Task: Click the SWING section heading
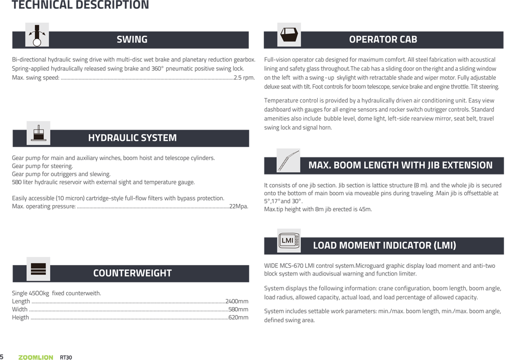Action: click(x=132, y=39)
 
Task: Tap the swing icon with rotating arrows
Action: click(x=37, y=35)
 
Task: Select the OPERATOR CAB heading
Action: click(x=383, y=39)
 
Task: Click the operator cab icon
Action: click(x=289, y=35)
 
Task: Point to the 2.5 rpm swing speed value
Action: click(x=244, y=78)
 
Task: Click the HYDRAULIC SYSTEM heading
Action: click(x=132, y=138)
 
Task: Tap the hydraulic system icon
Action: click(x=38, y=133)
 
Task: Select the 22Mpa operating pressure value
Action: click(x=239, y=206)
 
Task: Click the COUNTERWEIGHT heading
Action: click(x=132, y=273)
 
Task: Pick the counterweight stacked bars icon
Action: click(x=38, y=269)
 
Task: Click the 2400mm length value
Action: click(x=237, y=301)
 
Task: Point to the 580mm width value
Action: click(x=238, y=309)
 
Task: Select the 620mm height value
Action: click(x=238, y=318)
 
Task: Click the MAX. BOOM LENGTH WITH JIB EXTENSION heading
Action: click(x=400, y=165)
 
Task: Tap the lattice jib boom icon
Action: click(x=288, y=161)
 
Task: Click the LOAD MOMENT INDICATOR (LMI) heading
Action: click(x=385, y=246)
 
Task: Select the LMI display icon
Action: click(x=289, y=240)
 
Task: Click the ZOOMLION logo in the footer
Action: click(x=36, y=357)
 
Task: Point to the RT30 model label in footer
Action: click(x=66, y=357)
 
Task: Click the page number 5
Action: click(x=2, y=357)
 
